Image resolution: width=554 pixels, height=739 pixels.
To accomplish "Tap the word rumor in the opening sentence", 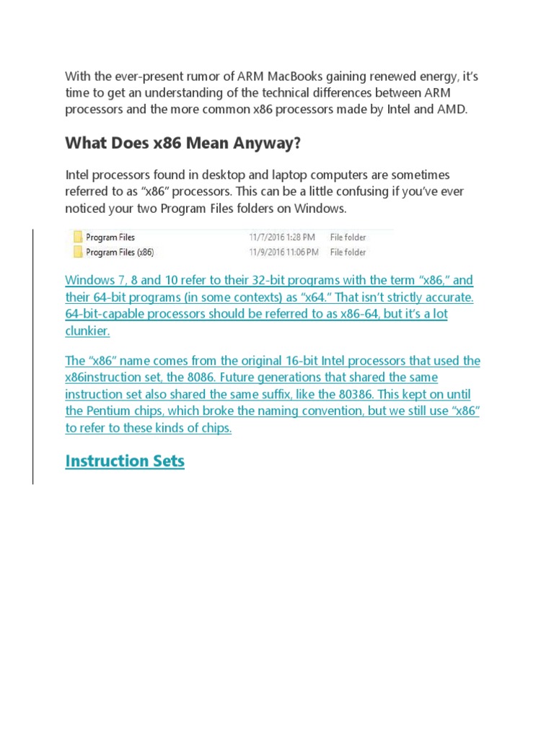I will (185, 76).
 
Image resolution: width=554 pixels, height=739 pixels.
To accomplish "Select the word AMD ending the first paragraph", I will (452, 110).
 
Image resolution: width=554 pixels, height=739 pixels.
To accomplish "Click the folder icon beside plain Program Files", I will (77, 237).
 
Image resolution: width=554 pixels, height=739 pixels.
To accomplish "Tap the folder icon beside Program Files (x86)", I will (77, 253).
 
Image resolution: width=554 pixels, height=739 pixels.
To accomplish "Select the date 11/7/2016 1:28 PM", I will (282, 237).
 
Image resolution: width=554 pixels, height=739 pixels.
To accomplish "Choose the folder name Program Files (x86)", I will (120, 253).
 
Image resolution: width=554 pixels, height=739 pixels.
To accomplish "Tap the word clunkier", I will (87, 331).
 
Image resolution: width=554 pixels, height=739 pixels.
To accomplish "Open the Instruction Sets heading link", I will (125, 461).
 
